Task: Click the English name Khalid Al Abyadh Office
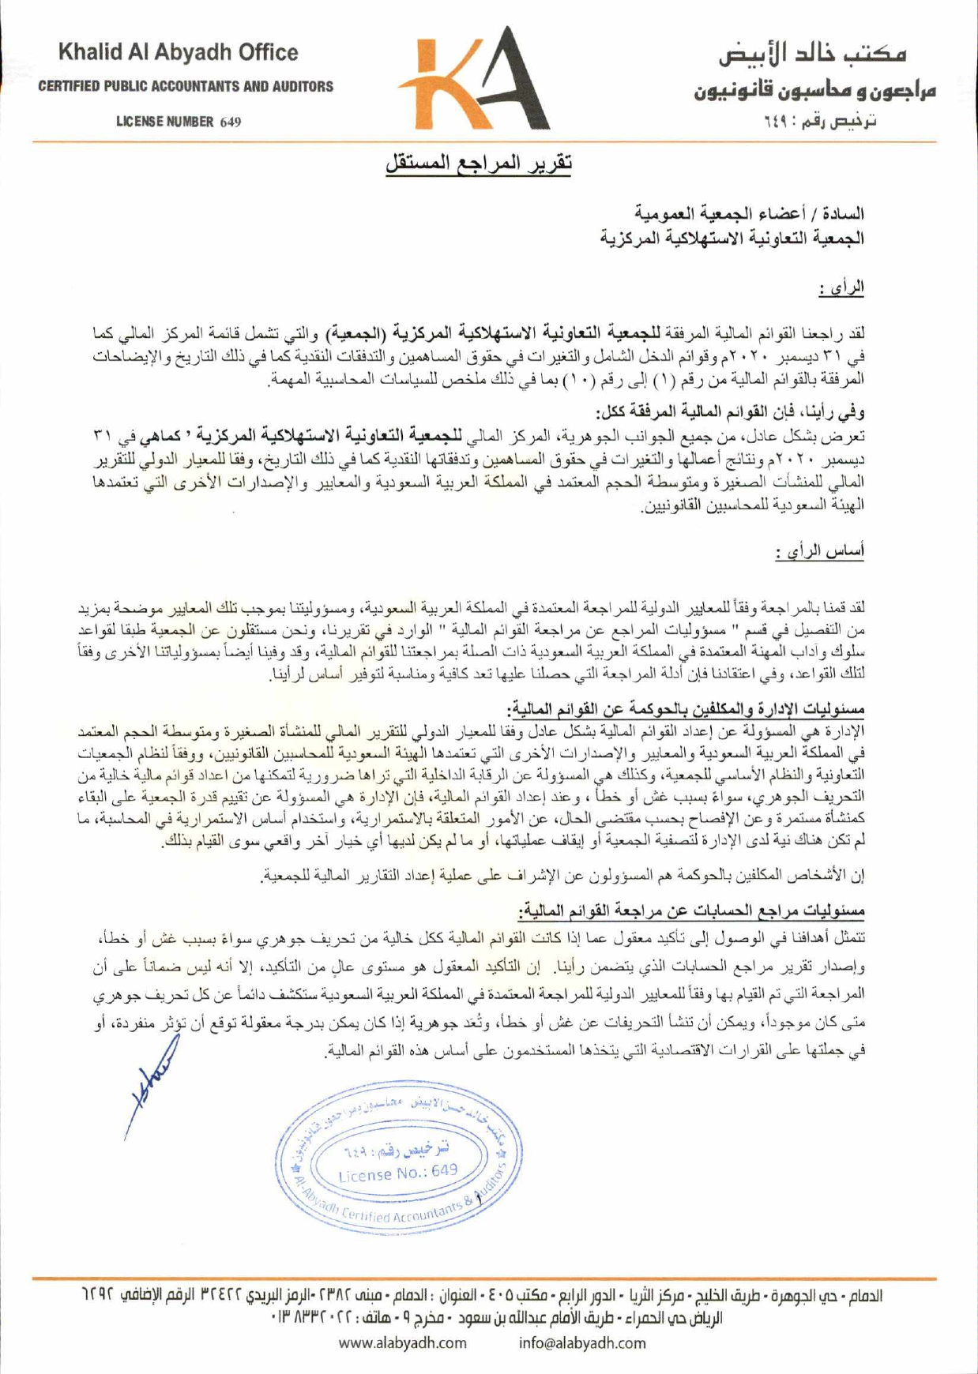click(x=178, y=53)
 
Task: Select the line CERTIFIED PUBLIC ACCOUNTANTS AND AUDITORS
click(x=186, y=87)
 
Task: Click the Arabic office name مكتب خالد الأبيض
click(x=812, y=54)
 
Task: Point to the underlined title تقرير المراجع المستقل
click(x=479, y=163)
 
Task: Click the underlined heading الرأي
click(x=841, y=288)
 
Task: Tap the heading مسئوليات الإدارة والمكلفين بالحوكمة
click(x=686, y=708)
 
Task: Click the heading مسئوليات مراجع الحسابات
click(x=692, y=911)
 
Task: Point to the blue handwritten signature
click(x=152, y=1086)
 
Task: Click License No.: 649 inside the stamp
click(x=397, y=1172)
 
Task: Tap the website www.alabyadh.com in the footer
click(x=403, y=1342)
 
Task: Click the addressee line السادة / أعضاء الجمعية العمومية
click(x=750, y=213)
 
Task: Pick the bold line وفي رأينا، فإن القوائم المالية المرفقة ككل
click(x=730, y=411)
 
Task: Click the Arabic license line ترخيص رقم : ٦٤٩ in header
click(x=821, y=121)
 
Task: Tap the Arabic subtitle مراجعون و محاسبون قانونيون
click(x=814, y=90)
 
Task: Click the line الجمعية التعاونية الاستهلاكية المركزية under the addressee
click(x=732, y=237)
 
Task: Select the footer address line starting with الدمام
click(x=481, y=1296)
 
